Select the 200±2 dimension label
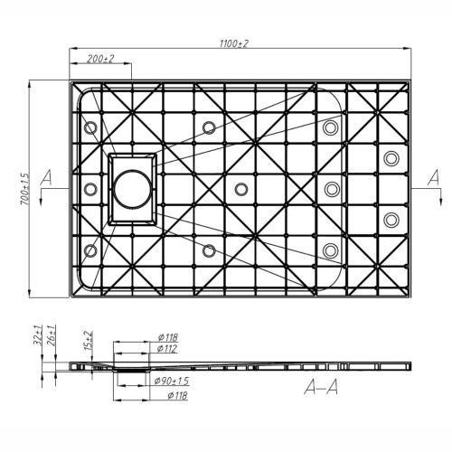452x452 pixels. (99, 59)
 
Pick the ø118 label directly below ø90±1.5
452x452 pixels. (166, 395)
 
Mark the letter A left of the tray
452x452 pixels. (45, 175)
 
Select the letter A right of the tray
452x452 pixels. (433, 175)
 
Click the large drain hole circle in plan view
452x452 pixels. (133, 189)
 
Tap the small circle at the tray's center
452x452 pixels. (240, 189)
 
